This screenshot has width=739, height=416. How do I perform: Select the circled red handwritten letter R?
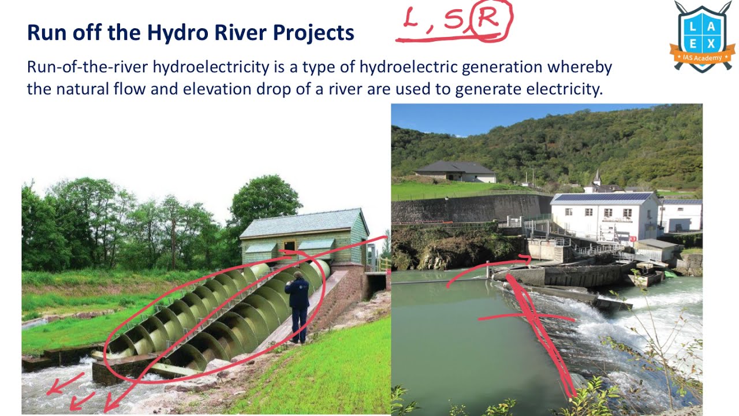[490, 20]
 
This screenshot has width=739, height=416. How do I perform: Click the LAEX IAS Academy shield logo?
[702, 36]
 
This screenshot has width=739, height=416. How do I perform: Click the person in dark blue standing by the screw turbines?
[298, 306]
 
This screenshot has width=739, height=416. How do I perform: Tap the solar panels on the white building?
[603, 197]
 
